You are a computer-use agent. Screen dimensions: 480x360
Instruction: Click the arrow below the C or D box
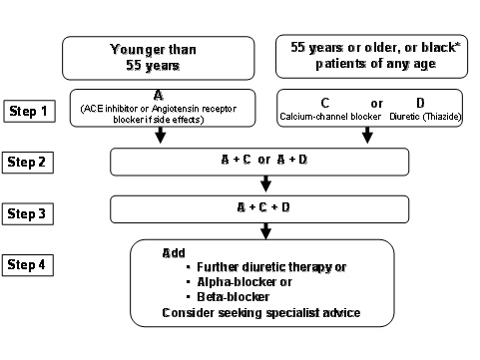pos(367,136)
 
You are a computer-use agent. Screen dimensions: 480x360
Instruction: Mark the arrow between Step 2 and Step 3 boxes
pos(265,183)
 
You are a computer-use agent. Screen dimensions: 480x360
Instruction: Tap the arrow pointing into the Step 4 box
pos(265,230)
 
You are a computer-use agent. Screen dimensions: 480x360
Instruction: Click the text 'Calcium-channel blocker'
pos(325,119)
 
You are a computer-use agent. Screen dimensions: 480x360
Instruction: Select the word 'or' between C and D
pos(376,104)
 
